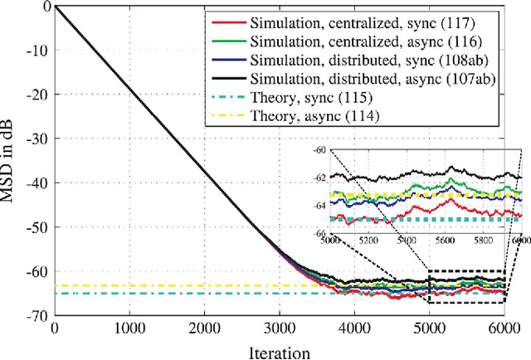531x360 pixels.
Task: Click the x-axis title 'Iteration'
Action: pyautogui.click(x=278, y=352)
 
